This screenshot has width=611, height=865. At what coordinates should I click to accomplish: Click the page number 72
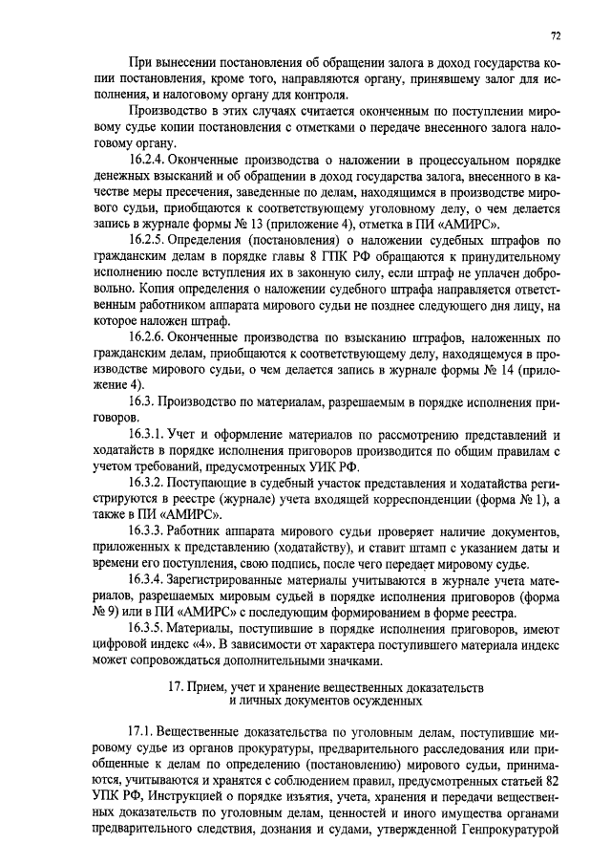[556, 35]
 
